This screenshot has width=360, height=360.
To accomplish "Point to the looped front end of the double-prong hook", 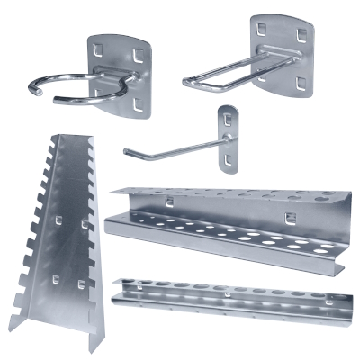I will (x=192, y=81).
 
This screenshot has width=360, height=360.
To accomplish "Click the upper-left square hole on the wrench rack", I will (x=58, y=220).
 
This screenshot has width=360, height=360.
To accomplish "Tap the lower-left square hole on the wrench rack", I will (x=57, y=280).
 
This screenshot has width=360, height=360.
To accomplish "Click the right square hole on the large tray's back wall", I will (x=289, y=216).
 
